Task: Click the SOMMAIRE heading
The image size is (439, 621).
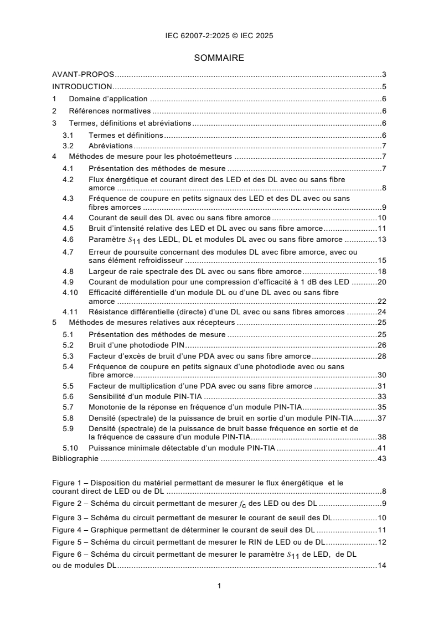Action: [219, 57]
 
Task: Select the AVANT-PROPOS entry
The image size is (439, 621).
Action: [82, 74]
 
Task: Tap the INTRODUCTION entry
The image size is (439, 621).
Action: [82, 86]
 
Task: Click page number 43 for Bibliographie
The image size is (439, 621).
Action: [381, 458]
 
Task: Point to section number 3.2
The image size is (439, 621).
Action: [68, 146]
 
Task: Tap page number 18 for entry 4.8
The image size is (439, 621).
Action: [381, 271]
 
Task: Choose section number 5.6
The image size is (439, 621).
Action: [68, 396]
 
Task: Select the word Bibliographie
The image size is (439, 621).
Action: [75, 458]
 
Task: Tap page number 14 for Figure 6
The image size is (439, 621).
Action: [381, 566]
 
